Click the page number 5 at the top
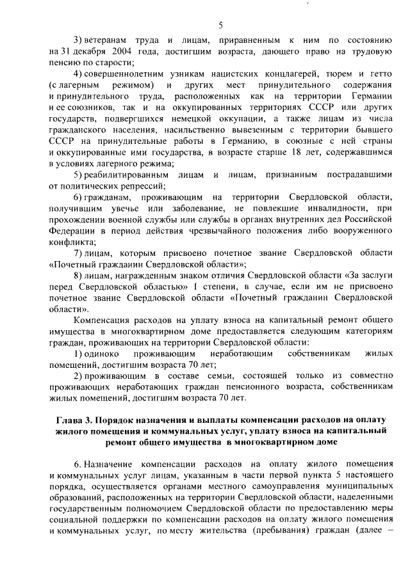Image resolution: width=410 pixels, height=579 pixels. click(x=220, y=25)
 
